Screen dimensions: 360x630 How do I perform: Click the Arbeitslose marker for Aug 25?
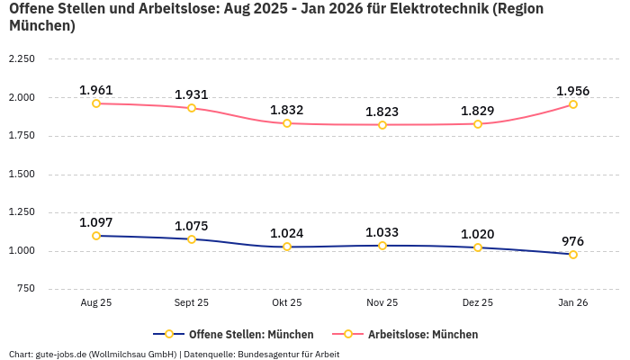(x=96, y=103)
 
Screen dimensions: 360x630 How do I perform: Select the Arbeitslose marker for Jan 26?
(x=573, y=104)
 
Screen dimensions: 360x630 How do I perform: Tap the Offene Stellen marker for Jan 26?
(x=573, y=255)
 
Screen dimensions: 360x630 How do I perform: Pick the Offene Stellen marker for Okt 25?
(x=287, y=247)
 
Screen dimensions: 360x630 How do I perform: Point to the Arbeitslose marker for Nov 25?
(x=382, y=125)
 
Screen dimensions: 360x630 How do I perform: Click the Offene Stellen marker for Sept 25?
(x=192, y=239)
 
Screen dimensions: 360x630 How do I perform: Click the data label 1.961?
(x=96, y=90)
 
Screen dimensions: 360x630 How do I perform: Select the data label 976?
(x=573, y=241)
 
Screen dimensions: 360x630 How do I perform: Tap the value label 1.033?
(x=382, y=232)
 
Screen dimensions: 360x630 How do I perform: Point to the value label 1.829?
(x=478, y=111)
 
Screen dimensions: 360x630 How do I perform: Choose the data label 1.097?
(x=96, y=222)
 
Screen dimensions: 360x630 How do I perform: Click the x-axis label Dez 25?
(x=478, y=303)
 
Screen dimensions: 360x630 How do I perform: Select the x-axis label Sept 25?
(x=192, y=303)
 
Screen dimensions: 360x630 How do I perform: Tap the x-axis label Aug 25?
(x=96, y=303)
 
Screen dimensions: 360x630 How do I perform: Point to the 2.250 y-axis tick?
(x=21, y=59)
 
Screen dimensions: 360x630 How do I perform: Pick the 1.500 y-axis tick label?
(x=21, y=175)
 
